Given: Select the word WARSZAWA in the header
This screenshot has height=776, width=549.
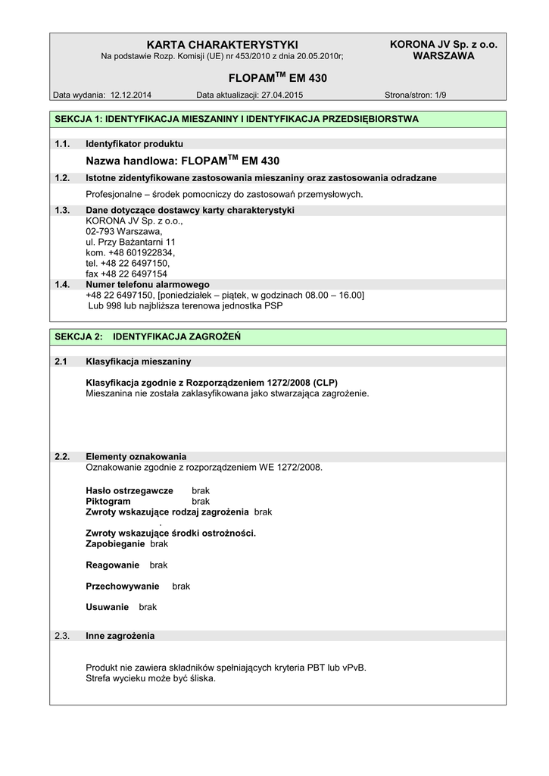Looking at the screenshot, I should [x=443, y=56].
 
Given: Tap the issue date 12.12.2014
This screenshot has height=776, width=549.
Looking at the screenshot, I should [x=131, y=95].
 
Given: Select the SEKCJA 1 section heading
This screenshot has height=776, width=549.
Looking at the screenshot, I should [x=236, y=119].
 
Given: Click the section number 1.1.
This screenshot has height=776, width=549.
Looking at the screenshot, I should [x=62, y=144].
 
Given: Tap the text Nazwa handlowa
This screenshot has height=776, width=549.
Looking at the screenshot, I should [x=130, y=161].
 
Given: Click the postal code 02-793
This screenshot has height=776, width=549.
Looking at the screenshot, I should [x=101, y=231].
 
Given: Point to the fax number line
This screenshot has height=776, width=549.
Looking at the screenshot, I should [x=126, y=274].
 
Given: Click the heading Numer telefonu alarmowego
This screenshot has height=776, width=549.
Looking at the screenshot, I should [x=148, y=284].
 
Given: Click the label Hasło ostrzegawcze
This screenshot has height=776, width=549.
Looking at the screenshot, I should [x=129, y=491].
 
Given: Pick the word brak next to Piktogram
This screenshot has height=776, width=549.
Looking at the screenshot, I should [x=201, y=502].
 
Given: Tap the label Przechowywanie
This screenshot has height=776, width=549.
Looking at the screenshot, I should [x=123, y=587].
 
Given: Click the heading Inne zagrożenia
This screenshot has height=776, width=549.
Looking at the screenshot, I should [x=120, y=636].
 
